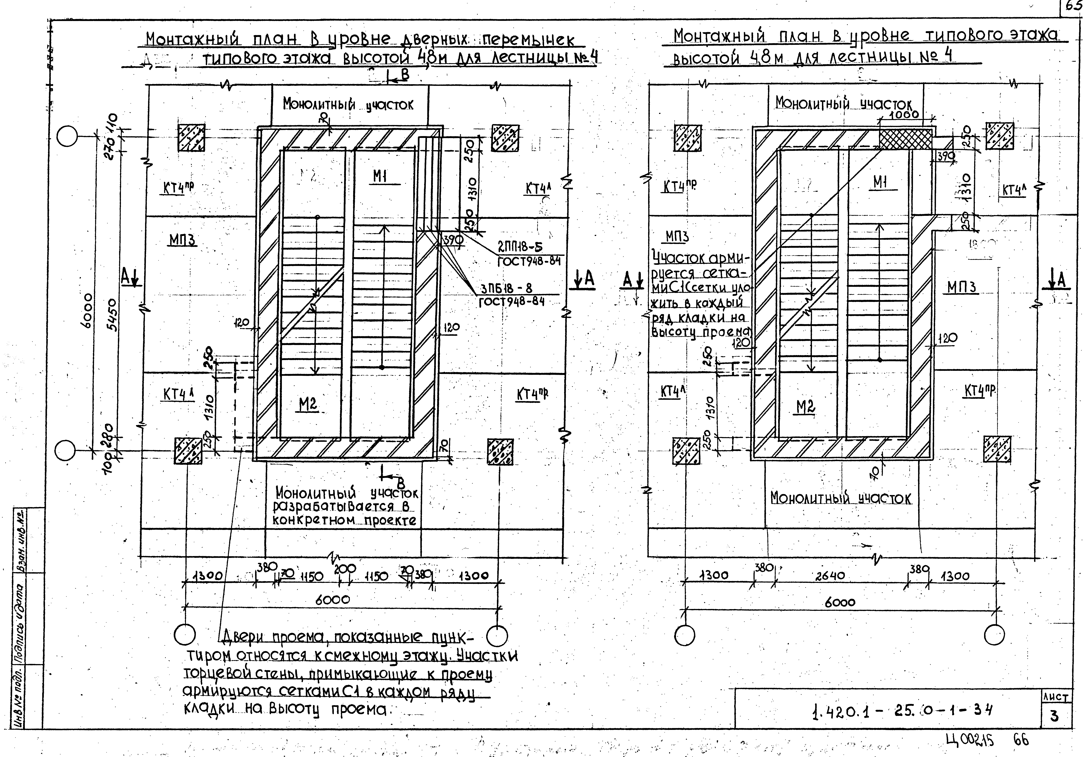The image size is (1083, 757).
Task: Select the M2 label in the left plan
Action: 308,404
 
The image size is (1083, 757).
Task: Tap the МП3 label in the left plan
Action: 182,240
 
